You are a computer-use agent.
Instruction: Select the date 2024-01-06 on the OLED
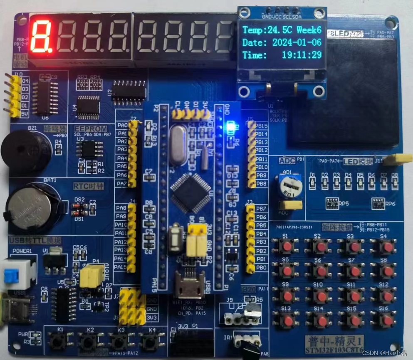(x=297, y=42)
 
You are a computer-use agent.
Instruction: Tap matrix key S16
(x=388, y=320)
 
